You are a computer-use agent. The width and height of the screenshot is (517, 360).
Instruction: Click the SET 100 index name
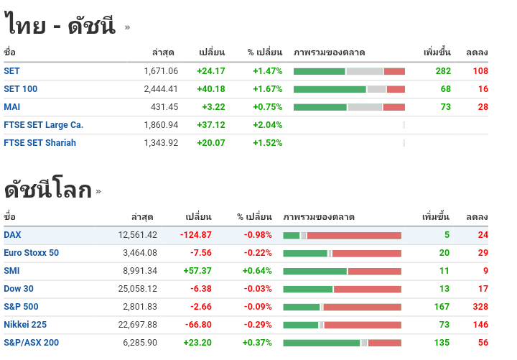(x=20, y=89)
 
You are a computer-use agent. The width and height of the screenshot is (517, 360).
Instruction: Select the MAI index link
(x=11, y=107)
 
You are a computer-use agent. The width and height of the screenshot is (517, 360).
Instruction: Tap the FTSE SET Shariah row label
(x=39, y=143)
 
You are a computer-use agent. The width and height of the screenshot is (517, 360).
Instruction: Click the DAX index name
(x=12, y=235)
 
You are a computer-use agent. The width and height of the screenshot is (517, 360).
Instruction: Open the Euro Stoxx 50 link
(x=31, y=253)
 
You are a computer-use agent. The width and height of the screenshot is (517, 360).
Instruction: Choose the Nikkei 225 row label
(x=25, y=325)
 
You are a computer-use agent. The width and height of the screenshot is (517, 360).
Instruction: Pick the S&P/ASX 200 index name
(x=31, y=343)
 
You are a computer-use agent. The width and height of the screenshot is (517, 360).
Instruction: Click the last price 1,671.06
(x=161, y=71)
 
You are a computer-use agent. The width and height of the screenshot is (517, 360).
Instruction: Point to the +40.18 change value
(x=210, y=89)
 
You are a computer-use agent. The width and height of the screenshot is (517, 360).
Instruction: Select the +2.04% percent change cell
(x=267, y=125)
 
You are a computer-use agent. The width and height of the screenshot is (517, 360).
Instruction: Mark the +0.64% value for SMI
(x=257, y=271)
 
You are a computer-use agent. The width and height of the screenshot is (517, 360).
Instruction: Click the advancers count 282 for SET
(x=443, y=71)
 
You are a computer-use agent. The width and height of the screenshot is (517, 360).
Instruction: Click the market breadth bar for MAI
(x=349, y=107)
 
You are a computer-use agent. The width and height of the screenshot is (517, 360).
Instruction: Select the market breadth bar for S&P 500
(x=342, y=307)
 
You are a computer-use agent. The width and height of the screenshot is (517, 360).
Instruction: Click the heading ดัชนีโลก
(x=48, y=190)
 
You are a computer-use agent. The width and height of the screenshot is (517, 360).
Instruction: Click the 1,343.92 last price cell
(x=161, y=143)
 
